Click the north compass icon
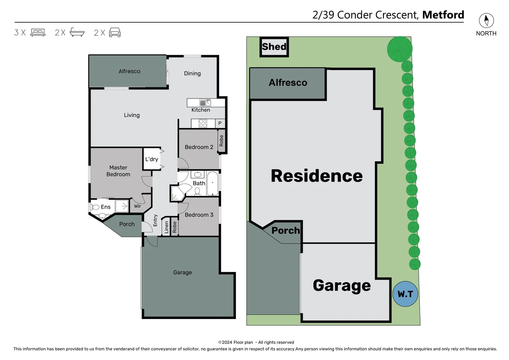pyautogui.click(x=486, y=21)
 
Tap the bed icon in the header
pyautogui.click(x=38, y=33)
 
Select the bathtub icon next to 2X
pyautogui.click(x=77, y=32)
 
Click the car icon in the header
pyautogui.click(x=115, y=32)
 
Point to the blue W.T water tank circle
pyautogui.click(x=405, y=294)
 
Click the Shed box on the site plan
pyautogui.click(x=274, y=47)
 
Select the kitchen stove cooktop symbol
pyautogui.click(x=203, y=124)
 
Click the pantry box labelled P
pyautogui.click(x=220, y=123)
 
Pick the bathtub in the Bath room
pyautogui.click(x=213, y=183)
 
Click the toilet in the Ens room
pyautogui.click(x=96, y=207)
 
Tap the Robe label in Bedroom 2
pyautogui.click(x=222, y=141)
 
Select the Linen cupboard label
pyautogui.click(x=167, y=227)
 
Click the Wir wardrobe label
pyautogui.click(x=138, y=206)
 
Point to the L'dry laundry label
pyautogui.click(x=152, y=159)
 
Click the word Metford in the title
pyautogui.click(x=443, y=15)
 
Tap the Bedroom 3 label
pyautogui.click(x=199, y=215)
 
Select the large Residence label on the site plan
pyautogui.click(x=316, y=176)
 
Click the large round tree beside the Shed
pyautogui.click(x=399, y=49)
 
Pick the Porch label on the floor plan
pyautogui.click(x=127, y=224)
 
